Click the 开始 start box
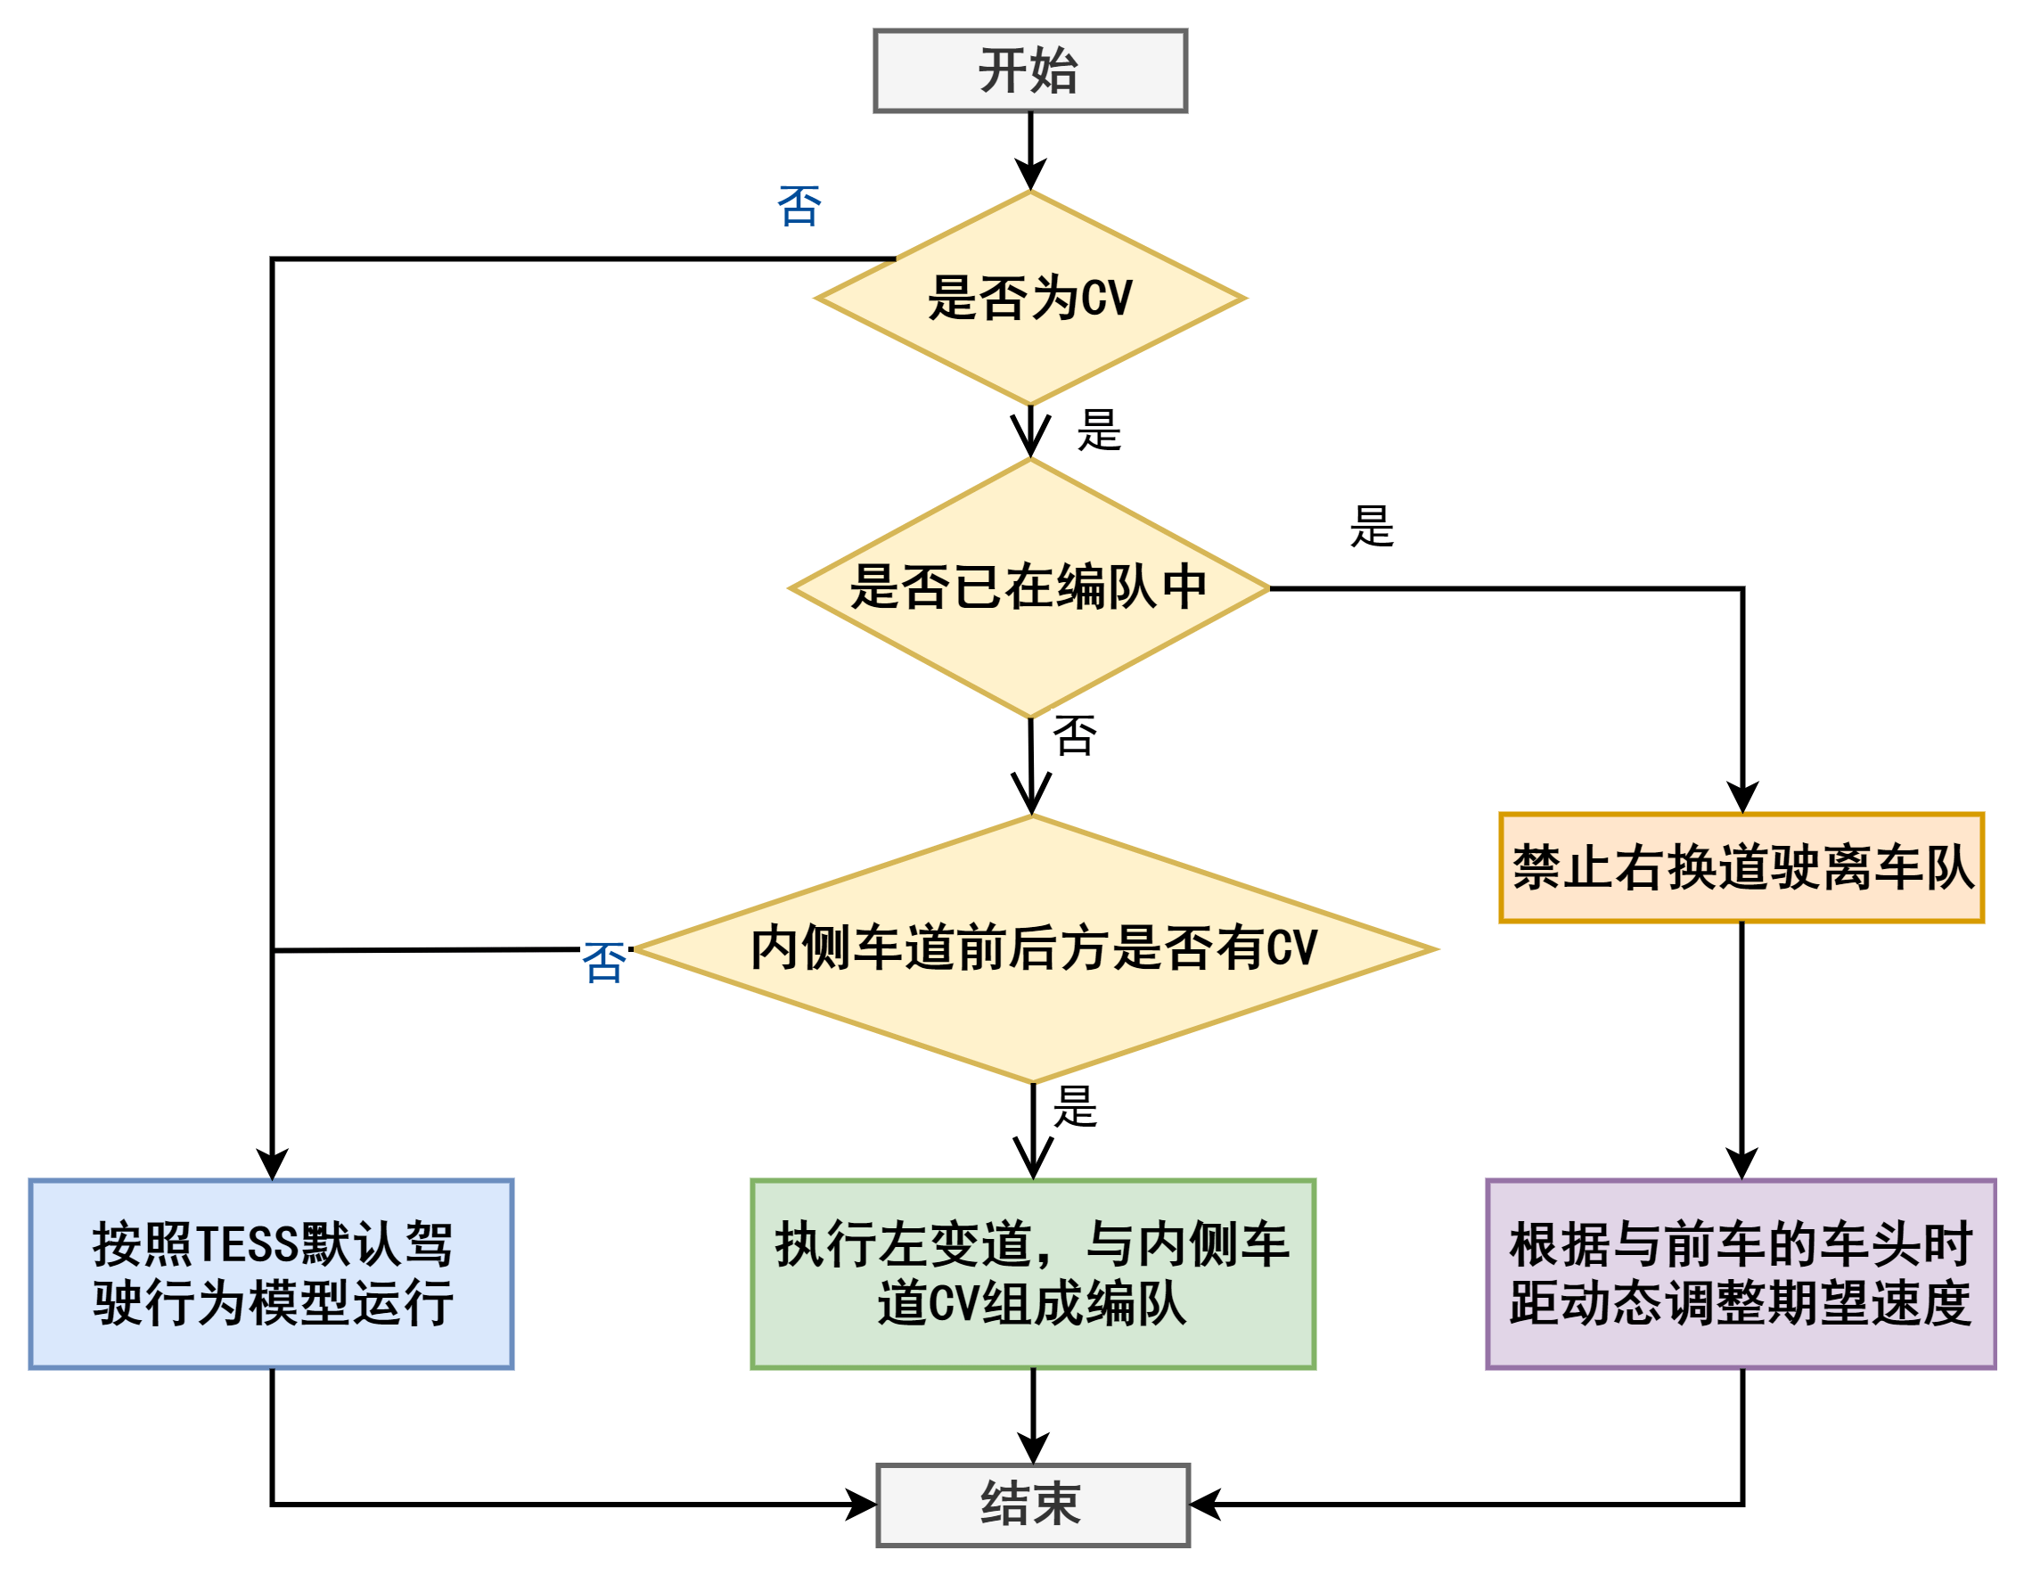[1029, 70]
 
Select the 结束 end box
[1032, 1505]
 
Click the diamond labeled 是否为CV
[1029, 299]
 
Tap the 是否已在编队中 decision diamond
[1029, 587]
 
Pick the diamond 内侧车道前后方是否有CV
[1033, 948]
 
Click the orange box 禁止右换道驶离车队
[1741, 867]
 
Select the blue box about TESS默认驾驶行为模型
[272, 1274]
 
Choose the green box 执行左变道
[1032, 1274]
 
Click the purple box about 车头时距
[1741, 1274]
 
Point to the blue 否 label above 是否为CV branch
[799, 206]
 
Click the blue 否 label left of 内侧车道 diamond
[603, 963]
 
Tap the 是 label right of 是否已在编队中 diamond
[1372, 527]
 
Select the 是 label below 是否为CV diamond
[1099, 431]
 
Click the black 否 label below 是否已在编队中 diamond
[1074, 735]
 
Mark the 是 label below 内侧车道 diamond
[1075, 1106]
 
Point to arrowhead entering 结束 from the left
[864, 1505]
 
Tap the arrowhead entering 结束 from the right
[1203, 1505]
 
